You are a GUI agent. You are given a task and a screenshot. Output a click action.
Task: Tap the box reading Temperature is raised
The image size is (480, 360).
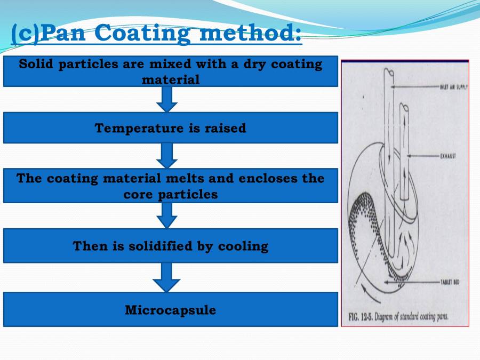tap(171, 128)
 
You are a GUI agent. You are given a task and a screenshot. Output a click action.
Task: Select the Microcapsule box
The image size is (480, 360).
tap(171, 310)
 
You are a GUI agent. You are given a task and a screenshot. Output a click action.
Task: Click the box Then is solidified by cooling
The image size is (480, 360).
tap(171, 246)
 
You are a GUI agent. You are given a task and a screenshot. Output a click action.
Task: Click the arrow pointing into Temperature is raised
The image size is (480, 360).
tap(167, 99)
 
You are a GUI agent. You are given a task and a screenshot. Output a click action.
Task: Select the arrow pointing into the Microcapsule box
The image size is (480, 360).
tap(167, 277)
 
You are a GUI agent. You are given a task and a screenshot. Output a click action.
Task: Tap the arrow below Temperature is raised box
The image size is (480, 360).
tap(167, 155)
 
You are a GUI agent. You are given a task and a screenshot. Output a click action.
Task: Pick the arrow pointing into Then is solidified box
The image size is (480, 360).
tap(167, 215)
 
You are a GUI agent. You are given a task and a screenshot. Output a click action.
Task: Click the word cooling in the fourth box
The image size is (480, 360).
tap(246, 246)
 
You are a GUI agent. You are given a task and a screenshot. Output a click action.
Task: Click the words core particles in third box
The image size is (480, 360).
tap(171, 195)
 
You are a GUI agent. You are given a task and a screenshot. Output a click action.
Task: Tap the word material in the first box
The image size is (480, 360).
tap(171, 80)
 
